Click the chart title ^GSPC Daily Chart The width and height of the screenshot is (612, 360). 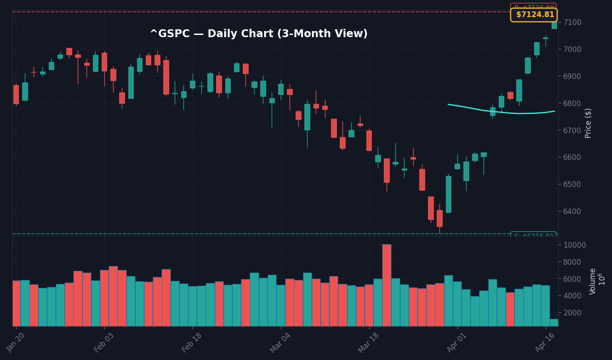259,34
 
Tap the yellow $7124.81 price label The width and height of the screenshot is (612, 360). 533,15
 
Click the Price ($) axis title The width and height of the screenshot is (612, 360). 588,123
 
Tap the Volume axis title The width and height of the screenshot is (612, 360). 593,281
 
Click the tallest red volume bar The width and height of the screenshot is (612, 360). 387,285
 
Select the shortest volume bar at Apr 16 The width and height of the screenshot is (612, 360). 554,322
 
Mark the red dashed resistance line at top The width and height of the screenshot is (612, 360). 262,12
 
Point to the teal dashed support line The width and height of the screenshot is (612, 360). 262,234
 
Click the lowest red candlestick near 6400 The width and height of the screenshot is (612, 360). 439,218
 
